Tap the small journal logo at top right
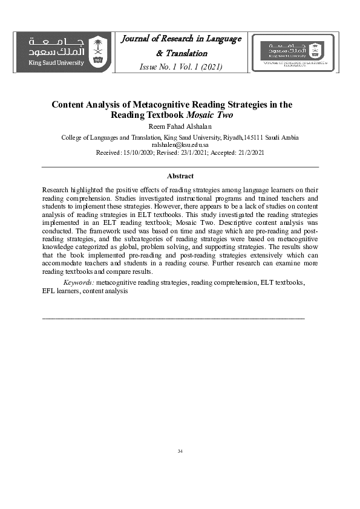(296, 53)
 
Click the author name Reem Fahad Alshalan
(180, 126)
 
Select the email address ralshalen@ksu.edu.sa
(180, 146)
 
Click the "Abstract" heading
(180, 176)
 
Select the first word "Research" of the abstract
(56, 190)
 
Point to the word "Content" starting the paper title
(67, 104)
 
